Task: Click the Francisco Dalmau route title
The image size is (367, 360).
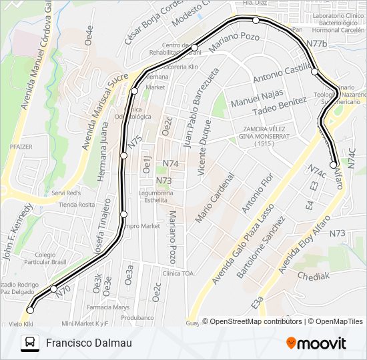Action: [89, 343]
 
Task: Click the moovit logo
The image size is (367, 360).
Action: [316, 343]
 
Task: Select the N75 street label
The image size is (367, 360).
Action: [135, 142]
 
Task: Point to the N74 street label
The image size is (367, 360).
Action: [170, 163]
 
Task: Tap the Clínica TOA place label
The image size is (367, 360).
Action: [178, 273]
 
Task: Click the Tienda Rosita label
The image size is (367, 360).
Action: [77, 205]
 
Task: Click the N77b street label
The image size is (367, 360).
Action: [317, 43]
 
